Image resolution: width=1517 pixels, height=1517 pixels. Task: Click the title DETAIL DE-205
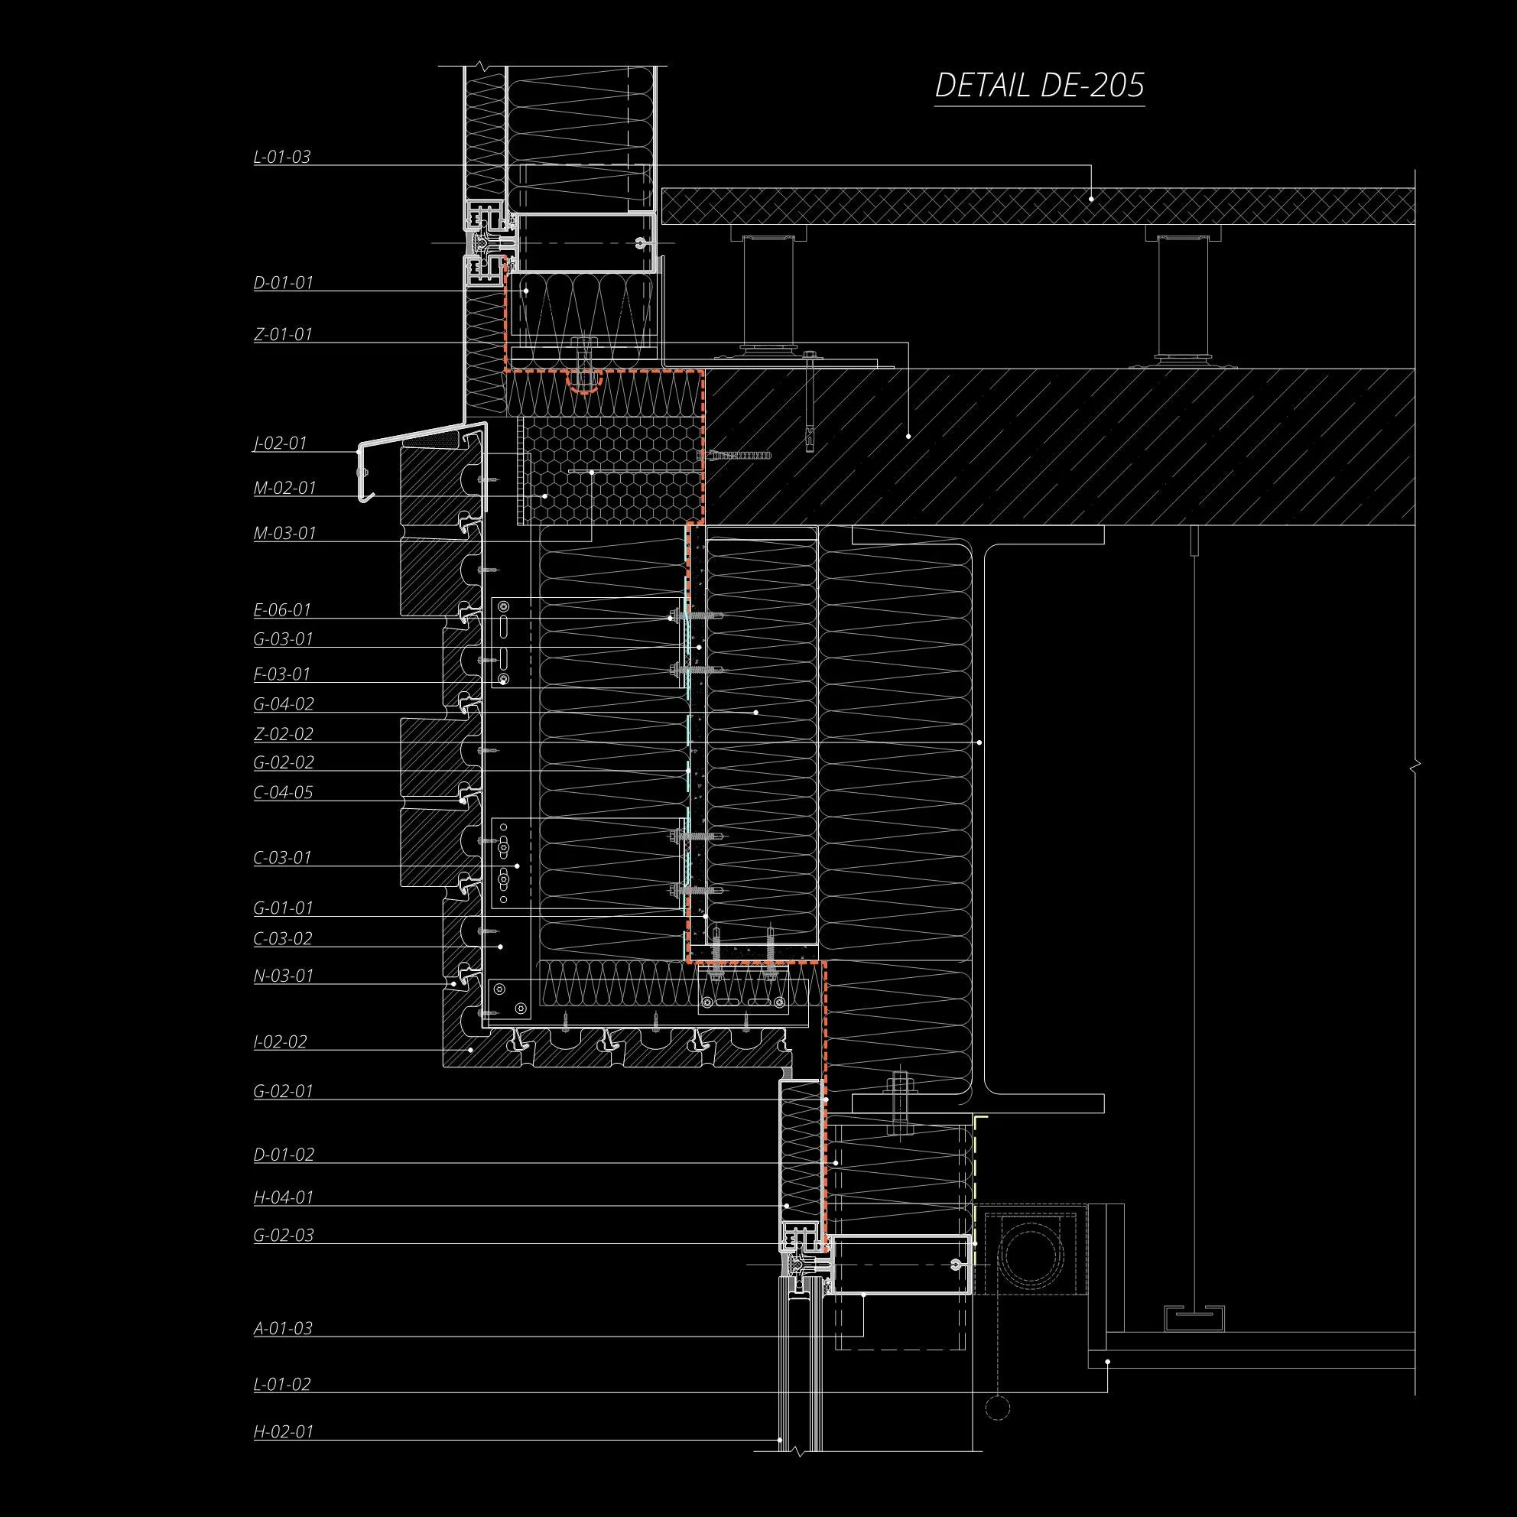[x=1039, y=86]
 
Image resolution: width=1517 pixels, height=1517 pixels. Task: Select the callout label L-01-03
[x=282, y=157]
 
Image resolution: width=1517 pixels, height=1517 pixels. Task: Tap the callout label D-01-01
[x=284, y=283]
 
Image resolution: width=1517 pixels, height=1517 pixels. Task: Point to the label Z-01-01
[x=283, y=334]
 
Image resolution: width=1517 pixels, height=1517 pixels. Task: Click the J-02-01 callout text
[x=280, y=443]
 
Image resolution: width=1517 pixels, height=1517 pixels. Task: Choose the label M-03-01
[x=284, y=534]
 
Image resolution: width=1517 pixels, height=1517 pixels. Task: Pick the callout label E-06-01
[x=282, y=610]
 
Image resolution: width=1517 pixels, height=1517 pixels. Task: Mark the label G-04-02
[x=284, y=704]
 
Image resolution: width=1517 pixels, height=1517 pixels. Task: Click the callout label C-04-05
[x=283, y=792]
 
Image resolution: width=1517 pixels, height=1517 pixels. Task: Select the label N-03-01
[x=284, y=976]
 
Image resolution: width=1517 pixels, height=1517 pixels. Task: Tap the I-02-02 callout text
[x=281, y=1042]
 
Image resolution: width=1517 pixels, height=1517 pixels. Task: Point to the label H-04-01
[x=284, y=1197]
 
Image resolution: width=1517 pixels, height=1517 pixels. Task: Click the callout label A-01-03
[x=283, y=1329]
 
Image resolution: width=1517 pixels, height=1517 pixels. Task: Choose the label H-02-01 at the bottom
[x=284, y=1431]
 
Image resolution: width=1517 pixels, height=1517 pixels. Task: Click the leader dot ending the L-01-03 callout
[x=1091, y=200]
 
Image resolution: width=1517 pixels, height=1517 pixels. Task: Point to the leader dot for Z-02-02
[x=979, y=742]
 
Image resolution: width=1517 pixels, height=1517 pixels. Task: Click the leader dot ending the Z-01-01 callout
[x=908, y=435]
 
